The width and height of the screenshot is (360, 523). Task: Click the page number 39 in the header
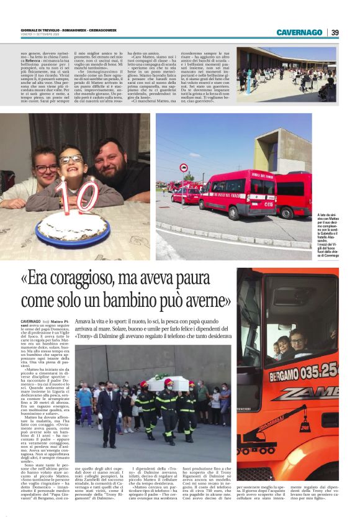click(335, 32)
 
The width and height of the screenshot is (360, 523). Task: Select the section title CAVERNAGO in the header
click(299, 32)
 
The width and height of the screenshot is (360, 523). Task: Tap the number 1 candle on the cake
click(61, 195)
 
